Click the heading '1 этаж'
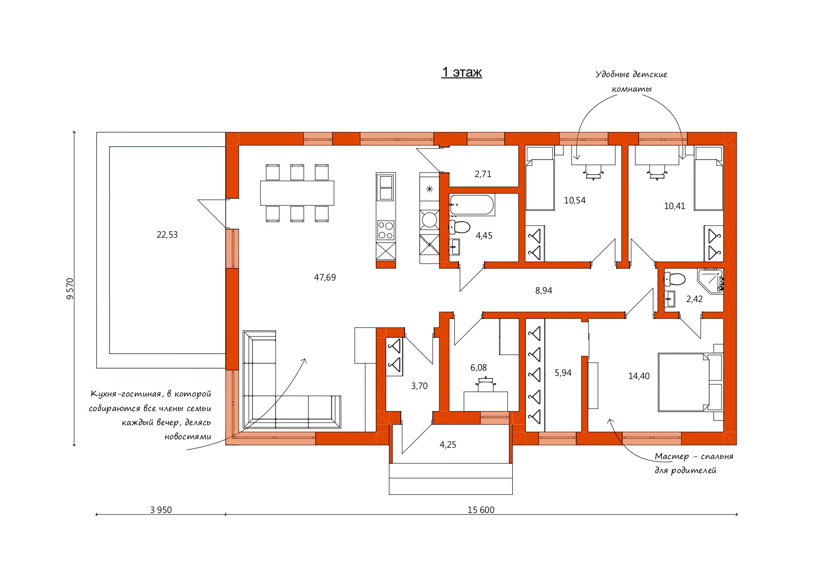[461, 72]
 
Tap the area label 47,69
[325, 278]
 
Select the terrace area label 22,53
[167, 235]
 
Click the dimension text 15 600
[481, 510]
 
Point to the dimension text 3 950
[161, 510]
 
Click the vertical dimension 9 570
[70, 288]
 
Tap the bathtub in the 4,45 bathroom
[472, 205]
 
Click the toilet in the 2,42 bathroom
[674, 279]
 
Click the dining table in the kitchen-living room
[297, 193]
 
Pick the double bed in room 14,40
[690, 382]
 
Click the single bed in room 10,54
[539, 179]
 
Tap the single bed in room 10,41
[709, 179]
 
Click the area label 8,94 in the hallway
[544, 291]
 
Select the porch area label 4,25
[448, 445]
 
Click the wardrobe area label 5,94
[563, 373]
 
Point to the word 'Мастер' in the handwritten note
[672, 457]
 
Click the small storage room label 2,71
[483, 174]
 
